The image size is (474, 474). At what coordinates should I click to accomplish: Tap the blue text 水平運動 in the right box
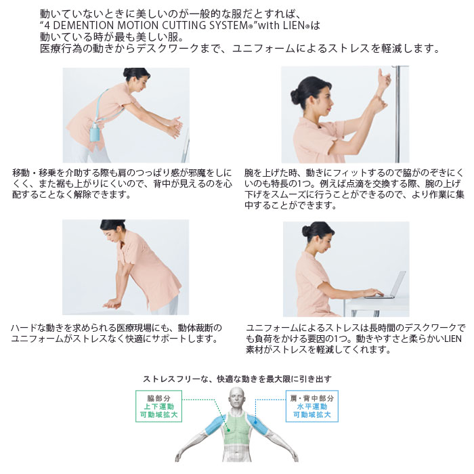(x=311, y=406)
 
